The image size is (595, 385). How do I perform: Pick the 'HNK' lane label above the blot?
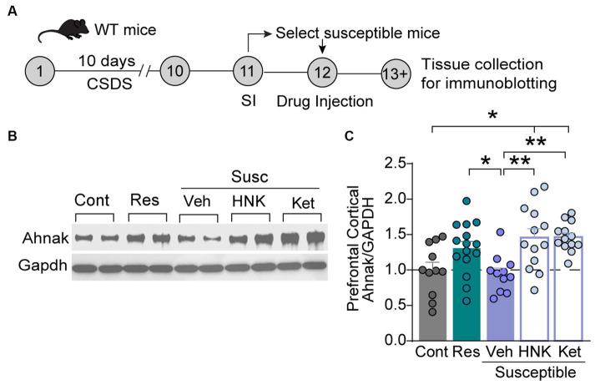click(249, 202)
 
